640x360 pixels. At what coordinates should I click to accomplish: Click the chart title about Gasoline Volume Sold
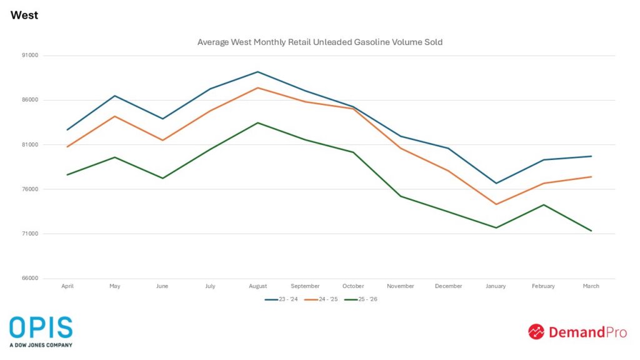[320, 42]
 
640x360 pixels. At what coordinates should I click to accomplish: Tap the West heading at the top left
[24, 15]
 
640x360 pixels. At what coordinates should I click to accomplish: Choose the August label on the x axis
[258, 286]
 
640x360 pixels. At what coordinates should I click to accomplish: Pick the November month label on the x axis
[401, 286]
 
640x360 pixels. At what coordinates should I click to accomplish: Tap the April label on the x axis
[67, 286]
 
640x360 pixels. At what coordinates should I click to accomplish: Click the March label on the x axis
[591, 286]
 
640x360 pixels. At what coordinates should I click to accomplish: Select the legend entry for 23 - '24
[281, 299]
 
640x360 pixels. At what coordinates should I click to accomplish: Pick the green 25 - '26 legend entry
[361, 299]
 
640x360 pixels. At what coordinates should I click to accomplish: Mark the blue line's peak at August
[258, 72]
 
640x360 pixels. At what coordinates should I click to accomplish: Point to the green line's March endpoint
[591, 231]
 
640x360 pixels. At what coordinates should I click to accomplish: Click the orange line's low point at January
[496, 204]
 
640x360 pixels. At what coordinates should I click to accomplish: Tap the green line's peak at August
[258, 122]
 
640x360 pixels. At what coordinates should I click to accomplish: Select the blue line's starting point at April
[67, 130]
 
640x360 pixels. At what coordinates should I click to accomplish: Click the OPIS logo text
[41, 328]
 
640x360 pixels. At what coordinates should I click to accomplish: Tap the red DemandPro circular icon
[536, 332]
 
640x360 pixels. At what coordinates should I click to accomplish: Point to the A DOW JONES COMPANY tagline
[41, 345]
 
